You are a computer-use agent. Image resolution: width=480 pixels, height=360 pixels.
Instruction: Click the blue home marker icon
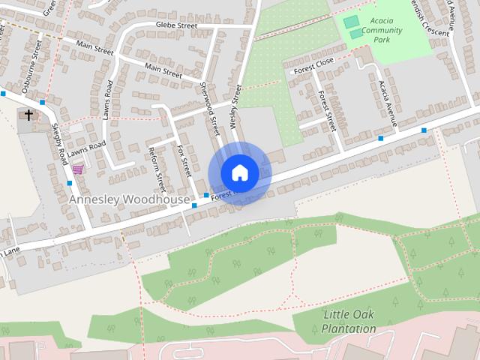click(x=239, y=172)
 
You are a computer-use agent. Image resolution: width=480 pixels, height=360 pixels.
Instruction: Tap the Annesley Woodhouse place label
click(x=129, y=200)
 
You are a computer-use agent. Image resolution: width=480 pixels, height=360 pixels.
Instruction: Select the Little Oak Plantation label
click(x=349, y=321)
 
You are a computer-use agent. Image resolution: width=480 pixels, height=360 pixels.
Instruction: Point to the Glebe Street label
click(x=176, y=25)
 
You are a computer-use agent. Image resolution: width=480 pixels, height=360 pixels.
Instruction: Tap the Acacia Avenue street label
click(x=391, y=97)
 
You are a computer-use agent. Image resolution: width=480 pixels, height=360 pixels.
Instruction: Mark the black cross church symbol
click(x=28, y=115)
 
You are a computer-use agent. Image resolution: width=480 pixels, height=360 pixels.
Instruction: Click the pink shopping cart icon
click(x=77, y=169)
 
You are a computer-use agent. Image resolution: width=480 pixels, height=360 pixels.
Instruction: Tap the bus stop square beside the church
click(x=43, y=102)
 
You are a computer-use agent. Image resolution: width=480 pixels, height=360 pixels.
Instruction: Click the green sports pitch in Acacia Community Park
click(x=351, y=22)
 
